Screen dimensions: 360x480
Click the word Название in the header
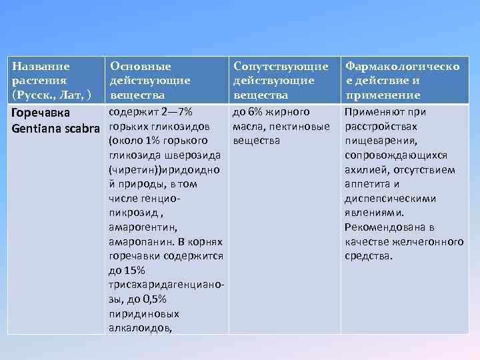click(x=41, y=67)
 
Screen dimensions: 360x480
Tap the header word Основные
click(x=141, y=67)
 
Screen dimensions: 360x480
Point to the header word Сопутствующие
click(x=281, y=67)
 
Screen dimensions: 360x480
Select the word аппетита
click(x=368, y=184)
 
